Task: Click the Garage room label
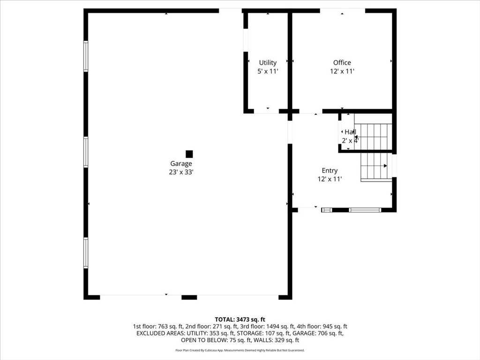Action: click(x=181, y=164)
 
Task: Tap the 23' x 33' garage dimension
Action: click(x=181, y=172)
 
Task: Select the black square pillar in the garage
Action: click(x=189, y=154)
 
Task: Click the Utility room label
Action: click(x=268, y=63)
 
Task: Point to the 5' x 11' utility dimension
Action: click(x=268, y=71)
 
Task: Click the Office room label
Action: click(x=342, y=63)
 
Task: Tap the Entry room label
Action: click(x=329, y=171)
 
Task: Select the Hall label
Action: click(x=350, y=132)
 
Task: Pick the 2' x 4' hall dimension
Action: click(x=350, y=140)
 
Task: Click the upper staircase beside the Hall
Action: click(x=373, y=136)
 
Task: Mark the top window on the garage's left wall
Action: click(x=86, y=56)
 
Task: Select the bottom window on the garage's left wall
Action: click(x=86, y=253)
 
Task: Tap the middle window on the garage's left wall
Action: click(x=86, y=152)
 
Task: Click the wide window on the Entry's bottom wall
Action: click(x=365, y=210)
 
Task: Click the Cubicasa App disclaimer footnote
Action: click(x=240, y=350)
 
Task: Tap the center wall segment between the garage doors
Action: click(x=189, y=297)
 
